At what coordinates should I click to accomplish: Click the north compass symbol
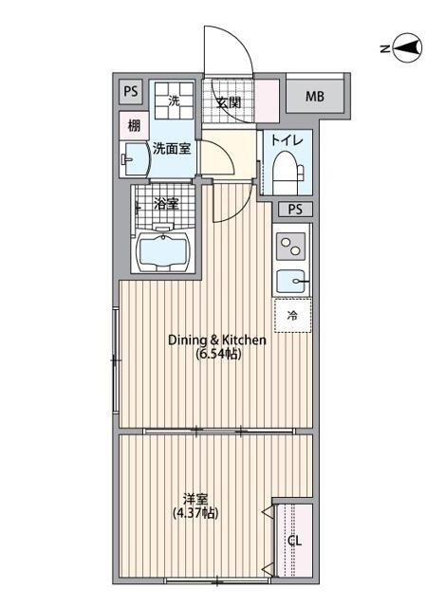click(407, 48)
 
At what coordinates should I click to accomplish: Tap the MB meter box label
click(314, 96)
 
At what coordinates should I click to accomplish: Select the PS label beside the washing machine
click(131, 91)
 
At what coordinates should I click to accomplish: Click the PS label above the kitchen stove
click(295, 210)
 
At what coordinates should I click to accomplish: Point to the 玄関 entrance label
click(229, 102)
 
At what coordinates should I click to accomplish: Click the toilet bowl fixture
click(288, 173)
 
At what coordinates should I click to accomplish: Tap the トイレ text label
click(287, 140)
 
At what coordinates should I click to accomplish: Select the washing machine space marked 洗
click(174, 101)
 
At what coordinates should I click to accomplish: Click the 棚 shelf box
click(134, 125)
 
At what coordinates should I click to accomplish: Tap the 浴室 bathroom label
click(166, 204)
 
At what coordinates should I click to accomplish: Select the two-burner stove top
click(291, 247)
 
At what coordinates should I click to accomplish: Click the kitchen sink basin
click(292, 281)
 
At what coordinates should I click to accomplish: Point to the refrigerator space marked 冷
click(292, 316)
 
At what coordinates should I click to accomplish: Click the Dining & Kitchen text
click(217, 340)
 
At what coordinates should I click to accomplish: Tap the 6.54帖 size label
click(218, 354)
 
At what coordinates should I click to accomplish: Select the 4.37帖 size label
click(195, 513)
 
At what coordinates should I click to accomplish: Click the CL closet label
click(295, 541)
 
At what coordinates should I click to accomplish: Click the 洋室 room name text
click(195, 499)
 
